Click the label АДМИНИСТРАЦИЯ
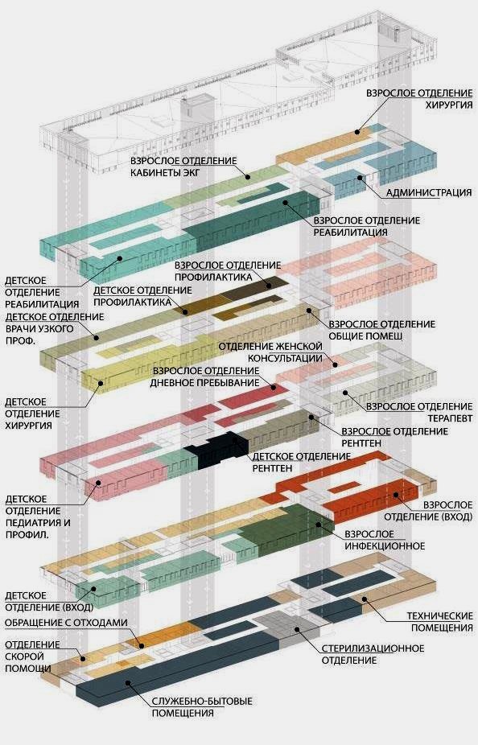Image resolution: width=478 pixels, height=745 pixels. tap(429, 192)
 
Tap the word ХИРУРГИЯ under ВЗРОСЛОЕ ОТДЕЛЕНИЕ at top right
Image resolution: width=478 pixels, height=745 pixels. tap(448, 105)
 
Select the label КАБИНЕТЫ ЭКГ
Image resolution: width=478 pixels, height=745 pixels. tap(165, 172)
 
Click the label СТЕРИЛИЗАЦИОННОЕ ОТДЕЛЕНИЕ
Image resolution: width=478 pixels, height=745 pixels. tap(373, 654)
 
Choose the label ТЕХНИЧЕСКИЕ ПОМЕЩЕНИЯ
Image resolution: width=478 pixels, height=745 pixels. tap(439, 621)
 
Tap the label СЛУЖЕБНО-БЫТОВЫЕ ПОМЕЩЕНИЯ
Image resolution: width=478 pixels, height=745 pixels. tap(202, 707)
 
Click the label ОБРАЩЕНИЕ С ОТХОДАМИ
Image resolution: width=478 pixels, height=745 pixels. tap(66, 623)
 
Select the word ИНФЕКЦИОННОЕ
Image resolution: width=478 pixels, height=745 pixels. tap(385, 546)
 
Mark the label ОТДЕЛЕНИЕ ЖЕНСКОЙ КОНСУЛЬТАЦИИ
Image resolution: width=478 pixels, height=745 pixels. tap(270, 352)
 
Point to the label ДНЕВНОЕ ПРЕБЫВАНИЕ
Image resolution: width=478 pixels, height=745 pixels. tap(204, 382)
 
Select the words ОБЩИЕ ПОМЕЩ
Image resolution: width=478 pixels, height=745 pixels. tap(365, 336)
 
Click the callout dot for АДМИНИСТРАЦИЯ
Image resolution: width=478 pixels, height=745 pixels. tap(361, 178)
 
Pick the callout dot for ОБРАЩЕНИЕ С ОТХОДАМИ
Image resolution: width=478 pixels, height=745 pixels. tap(141, 645)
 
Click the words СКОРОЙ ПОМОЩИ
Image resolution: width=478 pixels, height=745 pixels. tap(28, 662)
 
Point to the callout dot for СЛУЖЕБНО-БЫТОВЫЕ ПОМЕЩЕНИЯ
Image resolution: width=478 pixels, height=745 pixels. tap(128, 683)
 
